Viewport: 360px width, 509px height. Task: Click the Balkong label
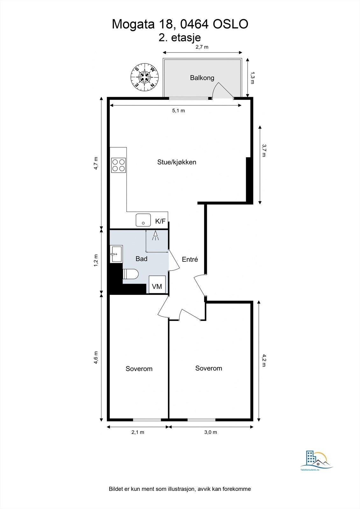tap(202, 78)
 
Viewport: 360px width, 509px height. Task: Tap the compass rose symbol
tap(145, 77)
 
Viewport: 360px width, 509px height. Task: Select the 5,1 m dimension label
tap(178, 111)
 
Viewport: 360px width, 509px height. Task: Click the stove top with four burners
tap(118, 165)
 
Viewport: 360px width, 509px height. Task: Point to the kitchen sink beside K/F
tap(143, 220)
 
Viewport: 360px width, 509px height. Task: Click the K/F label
tap(160, 221)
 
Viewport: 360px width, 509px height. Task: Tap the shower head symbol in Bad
tap(155, 236)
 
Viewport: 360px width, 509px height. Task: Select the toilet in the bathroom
tap(131, 274)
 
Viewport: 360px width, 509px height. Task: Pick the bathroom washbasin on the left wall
tap(116, 254)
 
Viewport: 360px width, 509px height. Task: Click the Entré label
tap(190, 260)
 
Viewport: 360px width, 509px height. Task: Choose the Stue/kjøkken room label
tap(177, 162)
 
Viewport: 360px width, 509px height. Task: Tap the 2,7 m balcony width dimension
tap(202, 47)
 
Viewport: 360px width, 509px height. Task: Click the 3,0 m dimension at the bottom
tap(210, 432)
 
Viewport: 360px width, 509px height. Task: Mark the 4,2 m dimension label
tap(264, 360)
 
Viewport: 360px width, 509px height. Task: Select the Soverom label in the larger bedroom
tap(208, 368)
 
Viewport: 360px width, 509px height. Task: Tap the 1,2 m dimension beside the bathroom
tap(96, 261)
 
